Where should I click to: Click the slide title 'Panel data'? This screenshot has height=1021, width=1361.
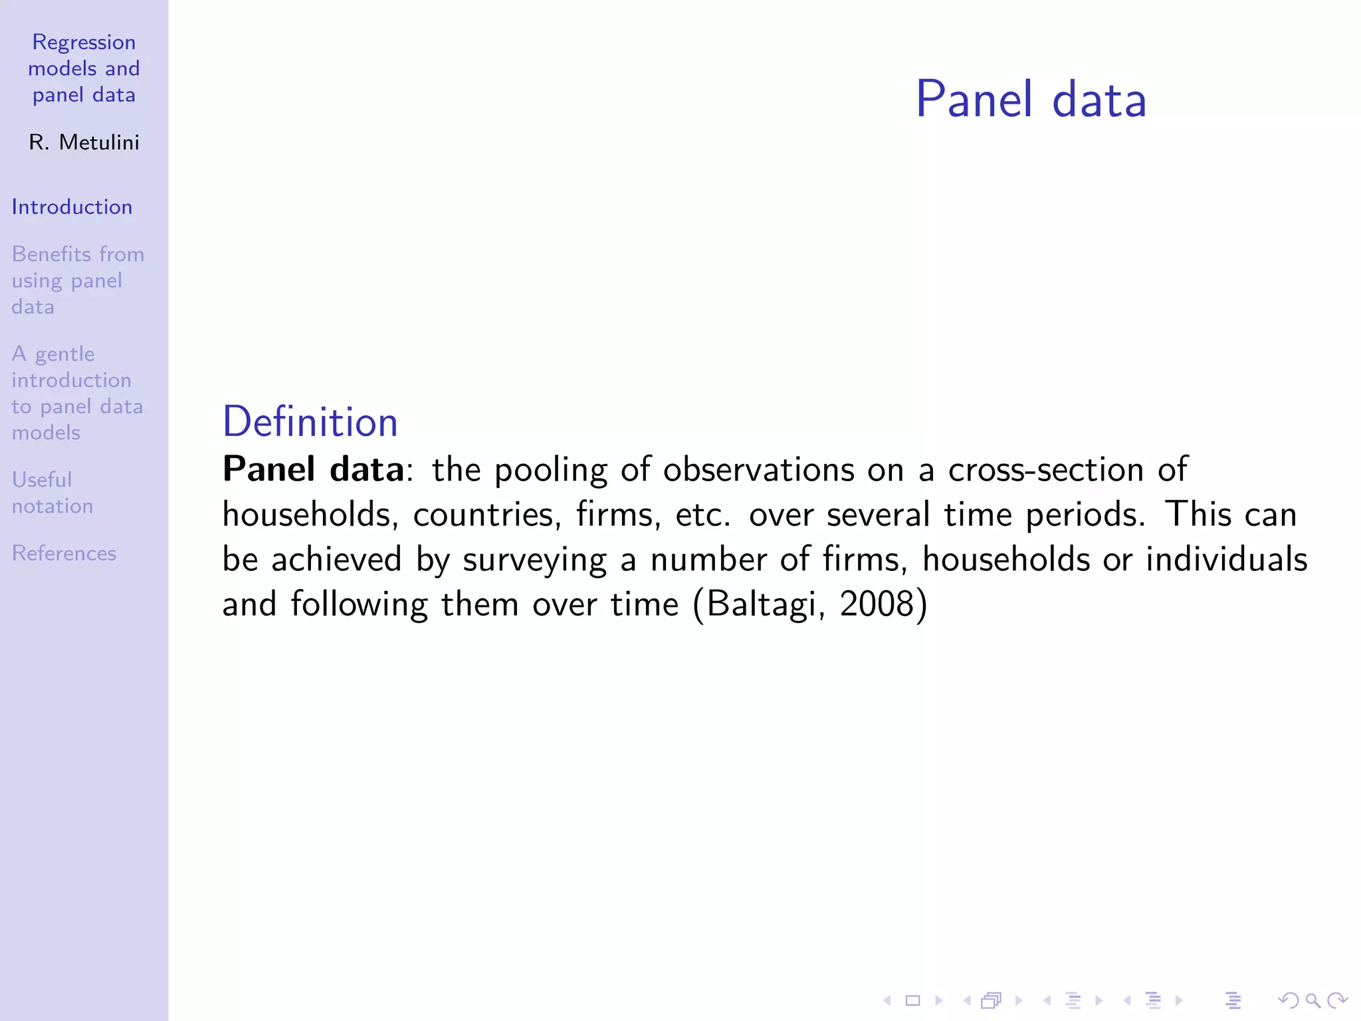[x=1031, y=100]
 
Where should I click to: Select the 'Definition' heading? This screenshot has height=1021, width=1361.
[x=310, y=422]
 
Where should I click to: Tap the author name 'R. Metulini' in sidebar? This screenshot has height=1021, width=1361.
[x=84, y=142]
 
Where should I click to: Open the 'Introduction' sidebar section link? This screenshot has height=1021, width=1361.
[x=72, y=207]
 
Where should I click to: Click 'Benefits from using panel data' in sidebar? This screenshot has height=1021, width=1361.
[x=77, y=281]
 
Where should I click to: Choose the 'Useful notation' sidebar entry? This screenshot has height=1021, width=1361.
[x=52, y=493]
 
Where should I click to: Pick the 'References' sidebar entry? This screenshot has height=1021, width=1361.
[x=64, y=553]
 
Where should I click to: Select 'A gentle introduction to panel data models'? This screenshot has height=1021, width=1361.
[x=77, y=393]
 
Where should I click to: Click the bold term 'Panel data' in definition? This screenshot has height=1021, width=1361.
[x=313, y=469]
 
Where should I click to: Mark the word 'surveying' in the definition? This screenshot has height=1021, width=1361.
[x=534, y=560]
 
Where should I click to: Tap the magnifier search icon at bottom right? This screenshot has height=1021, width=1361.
[x=1312, y=1000]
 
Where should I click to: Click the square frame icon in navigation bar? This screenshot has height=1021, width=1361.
[x=913, y=1000]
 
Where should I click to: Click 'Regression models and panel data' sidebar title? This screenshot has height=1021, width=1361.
[x=84, y=68]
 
